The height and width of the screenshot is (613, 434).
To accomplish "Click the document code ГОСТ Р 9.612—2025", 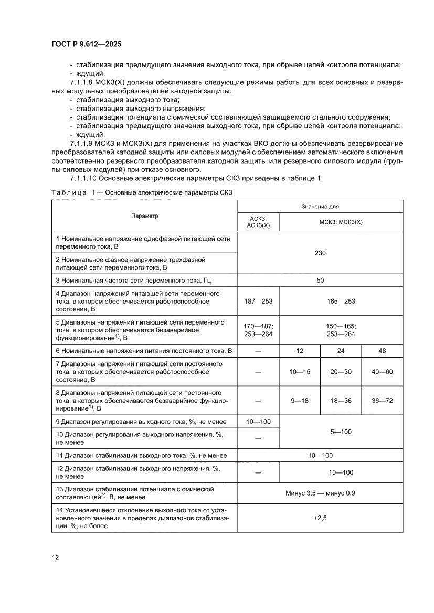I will (87, 45).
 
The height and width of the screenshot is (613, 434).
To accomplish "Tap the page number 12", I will (56, 557).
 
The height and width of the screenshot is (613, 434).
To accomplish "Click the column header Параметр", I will (145, 216).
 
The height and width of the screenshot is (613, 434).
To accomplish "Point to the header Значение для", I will (320, 207).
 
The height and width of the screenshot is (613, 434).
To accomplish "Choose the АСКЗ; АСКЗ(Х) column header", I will (258, 222).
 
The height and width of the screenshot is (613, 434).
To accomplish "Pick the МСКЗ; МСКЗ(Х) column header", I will (341, 222).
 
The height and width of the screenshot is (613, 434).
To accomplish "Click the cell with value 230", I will (320, 253).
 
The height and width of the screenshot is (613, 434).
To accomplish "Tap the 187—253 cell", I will (258, 301).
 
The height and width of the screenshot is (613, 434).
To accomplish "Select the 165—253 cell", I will (341, 301).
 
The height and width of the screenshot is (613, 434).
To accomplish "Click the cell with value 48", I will (382, 350).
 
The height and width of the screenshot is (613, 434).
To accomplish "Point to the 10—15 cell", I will (300, 371).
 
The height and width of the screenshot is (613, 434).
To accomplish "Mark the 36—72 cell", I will (382, 400).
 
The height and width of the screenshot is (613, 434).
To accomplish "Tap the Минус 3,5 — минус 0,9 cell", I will (320, 493).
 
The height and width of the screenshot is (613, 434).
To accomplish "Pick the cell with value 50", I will (320, 280).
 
